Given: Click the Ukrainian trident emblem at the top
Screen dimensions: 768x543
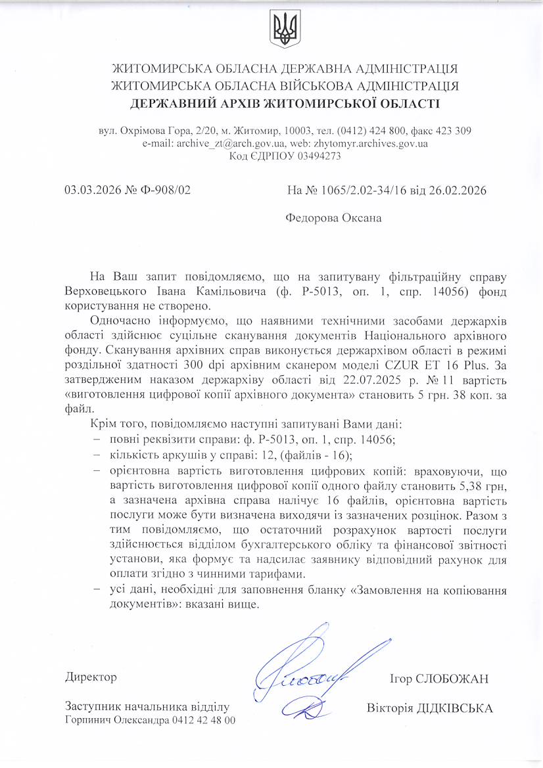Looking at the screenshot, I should coord(285,29).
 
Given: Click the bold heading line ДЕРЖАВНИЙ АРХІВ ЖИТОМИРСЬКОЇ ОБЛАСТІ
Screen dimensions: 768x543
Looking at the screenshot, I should coord(285,103).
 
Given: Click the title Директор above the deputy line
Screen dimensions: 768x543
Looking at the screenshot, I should coord(91,677).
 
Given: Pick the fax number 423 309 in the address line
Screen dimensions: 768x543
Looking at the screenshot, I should coord(454,131).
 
